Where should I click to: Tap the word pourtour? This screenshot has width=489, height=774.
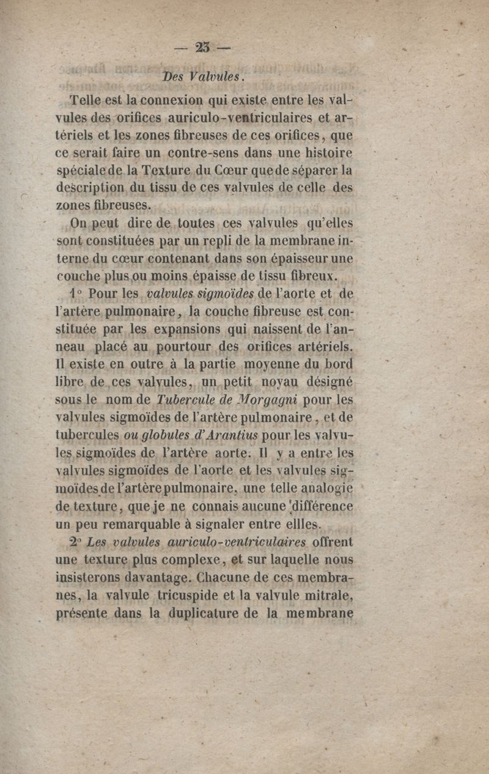pos(197,348)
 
